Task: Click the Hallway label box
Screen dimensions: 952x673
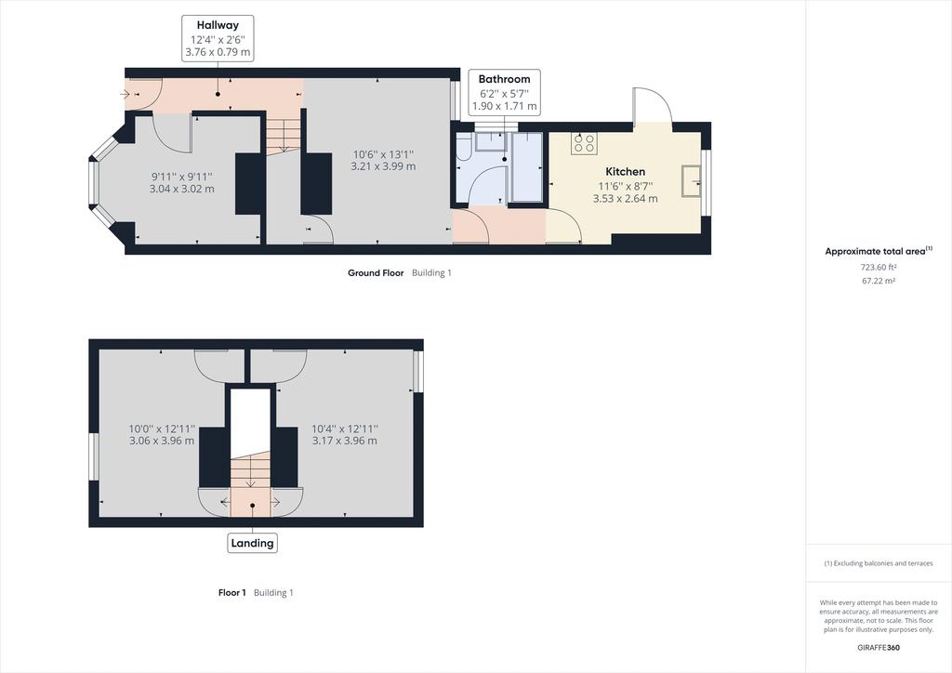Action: click(x=218, y=38)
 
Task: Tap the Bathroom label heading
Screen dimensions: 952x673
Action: click(x=504, y=79)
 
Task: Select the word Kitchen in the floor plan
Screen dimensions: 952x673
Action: click(x=625, y=172)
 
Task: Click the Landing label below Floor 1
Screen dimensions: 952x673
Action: click(x=252, y=543)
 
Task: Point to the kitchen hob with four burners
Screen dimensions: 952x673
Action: click(x=584, y=143)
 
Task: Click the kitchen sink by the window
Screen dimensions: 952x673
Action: click(x=691, y=181)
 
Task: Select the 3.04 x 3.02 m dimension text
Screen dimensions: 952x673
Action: click(x=181, y=189)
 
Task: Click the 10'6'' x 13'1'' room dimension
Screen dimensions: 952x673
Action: click(x=383, y=154)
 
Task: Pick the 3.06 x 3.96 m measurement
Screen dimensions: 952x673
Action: click(x=162, y=441)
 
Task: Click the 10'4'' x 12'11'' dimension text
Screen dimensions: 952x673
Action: click(x=345, y=429)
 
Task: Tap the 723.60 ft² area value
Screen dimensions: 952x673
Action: click(x=878, y=267)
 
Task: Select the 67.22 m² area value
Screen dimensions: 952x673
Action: click(x=878, y=281)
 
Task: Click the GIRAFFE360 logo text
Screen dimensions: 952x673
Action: click(x=879, y=648)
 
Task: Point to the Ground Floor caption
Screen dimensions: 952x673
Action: click(x=376, y=273)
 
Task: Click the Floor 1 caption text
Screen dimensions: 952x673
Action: click(x=231, y=593)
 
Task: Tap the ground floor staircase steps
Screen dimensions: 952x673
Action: click(x=284, y=136)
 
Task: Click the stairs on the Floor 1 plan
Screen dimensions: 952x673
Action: click(x=250, y=472)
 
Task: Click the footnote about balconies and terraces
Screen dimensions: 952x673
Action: click(x=878, y=563)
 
